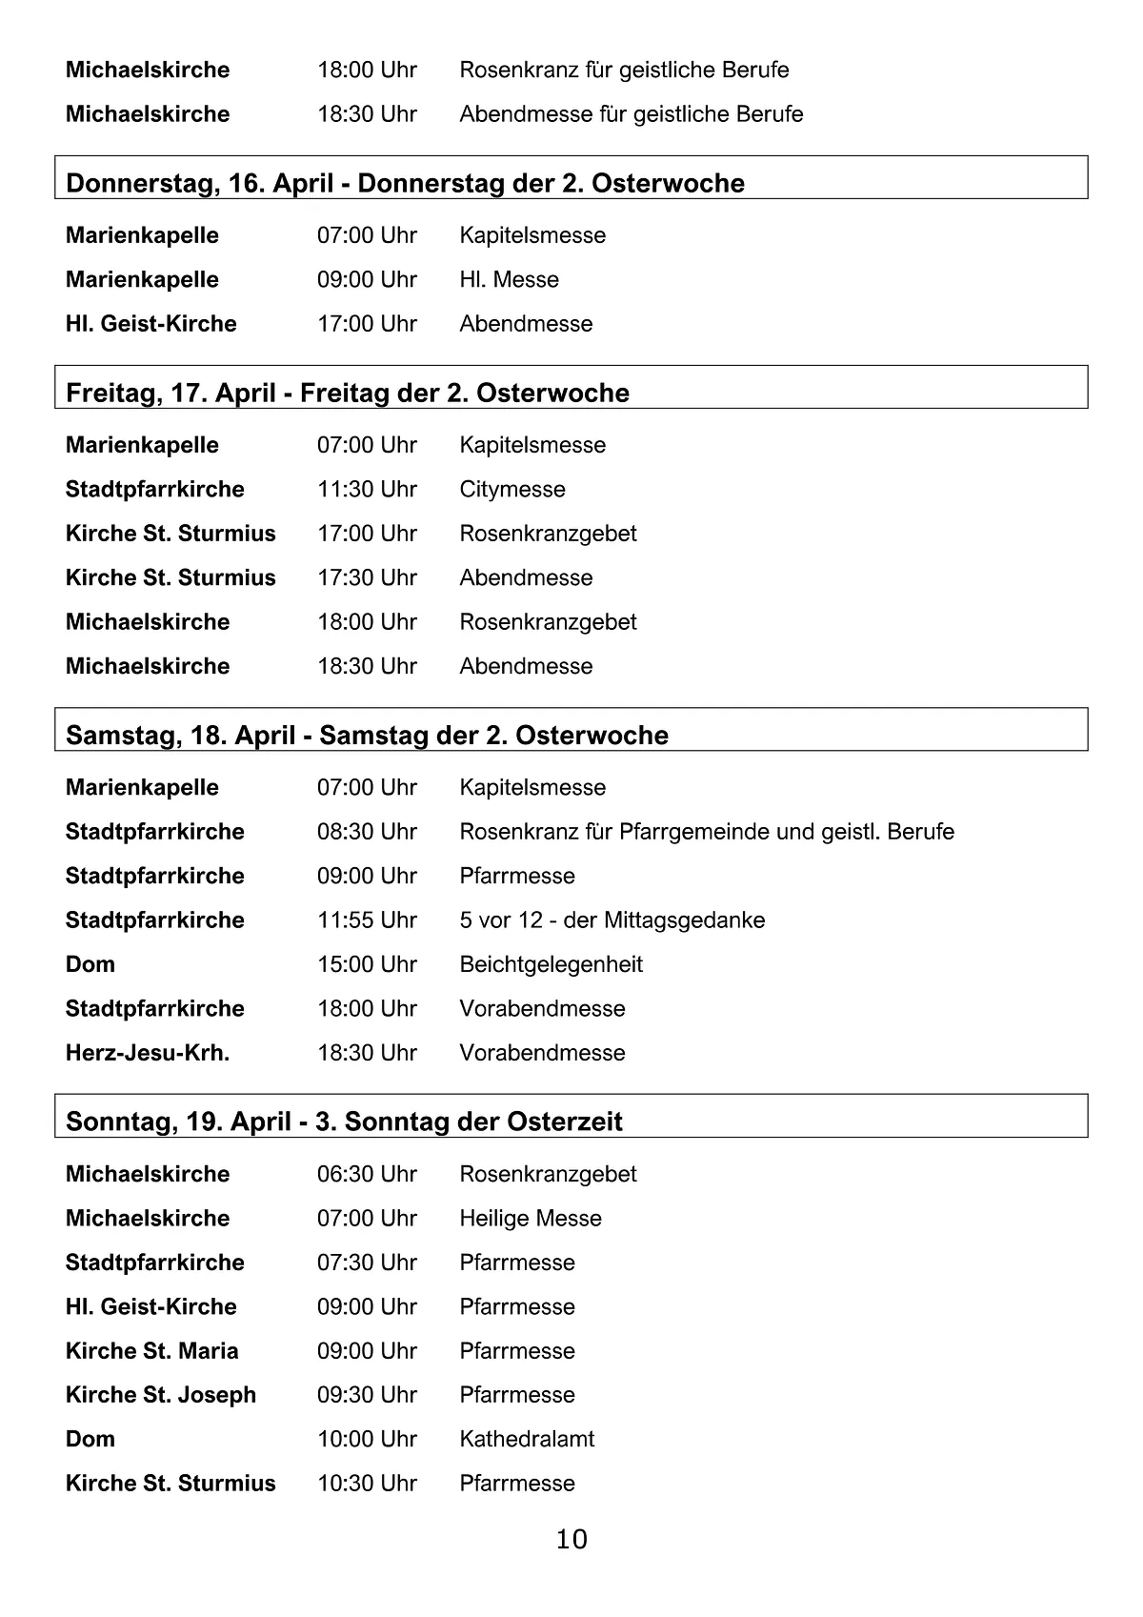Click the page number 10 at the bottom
(x=571, y=1539)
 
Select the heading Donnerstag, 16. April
(x=405, y=183)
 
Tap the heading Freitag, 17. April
(x=348, y=393)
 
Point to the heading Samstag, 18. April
(x=367, y=736)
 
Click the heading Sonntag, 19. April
(x=344, y=1122)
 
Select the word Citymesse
(x=512, y=490)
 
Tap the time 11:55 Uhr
(x=367, y=920)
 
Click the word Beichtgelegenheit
(x=551, y=964)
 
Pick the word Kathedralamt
(x=527, y=1439)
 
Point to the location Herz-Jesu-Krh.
(x=148, y=1053)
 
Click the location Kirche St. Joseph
(x=161, y=1395)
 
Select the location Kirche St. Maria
(x=152, y=1351)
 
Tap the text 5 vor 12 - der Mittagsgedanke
(x=612, y=920)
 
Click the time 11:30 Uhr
(x=367, y=490)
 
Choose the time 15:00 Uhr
(x=367, y=964)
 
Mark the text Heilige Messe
(x=531, y=1219)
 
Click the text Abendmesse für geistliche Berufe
(x=631, y=114)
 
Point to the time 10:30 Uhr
(x=367, y=1484)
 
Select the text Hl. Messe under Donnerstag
(x=509, y=280)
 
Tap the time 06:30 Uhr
(x=367, y=1174)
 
